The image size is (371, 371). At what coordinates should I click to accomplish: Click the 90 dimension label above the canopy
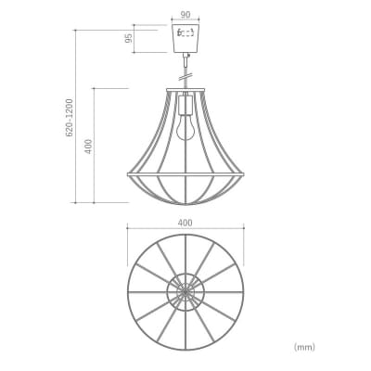tap(185, 15)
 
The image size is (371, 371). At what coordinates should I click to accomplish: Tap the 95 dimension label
tap(130, 40)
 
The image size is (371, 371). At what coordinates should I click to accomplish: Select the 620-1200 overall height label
tap(70, 119)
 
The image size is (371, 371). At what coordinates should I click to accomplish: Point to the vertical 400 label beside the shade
tap(88, 146)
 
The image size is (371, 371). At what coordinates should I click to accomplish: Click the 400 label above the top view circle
tap(185, 223)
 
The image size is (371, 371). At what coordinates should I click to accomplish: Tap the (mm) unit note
tap(304, 347)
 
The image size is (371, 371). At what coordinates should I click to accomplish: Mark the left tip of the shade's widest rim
tap(127, 173)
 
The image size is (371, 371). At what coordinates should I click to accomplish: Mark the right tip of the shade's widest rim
tap(244, 173)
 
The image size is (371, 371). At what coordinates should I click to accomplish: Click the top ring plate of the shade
tap(185, 90)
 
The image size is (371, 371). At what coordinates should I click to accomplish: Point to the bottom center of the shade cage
tap(185, 201)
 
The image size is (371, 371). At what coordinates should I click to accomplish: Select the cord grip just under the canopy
tap(185, 57)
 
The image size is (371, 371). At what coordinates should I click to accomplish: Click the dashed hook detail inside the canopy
tap(185, 33)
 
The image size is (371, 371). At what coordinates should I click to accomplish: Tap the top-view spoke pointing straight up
tap(185, 255)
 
